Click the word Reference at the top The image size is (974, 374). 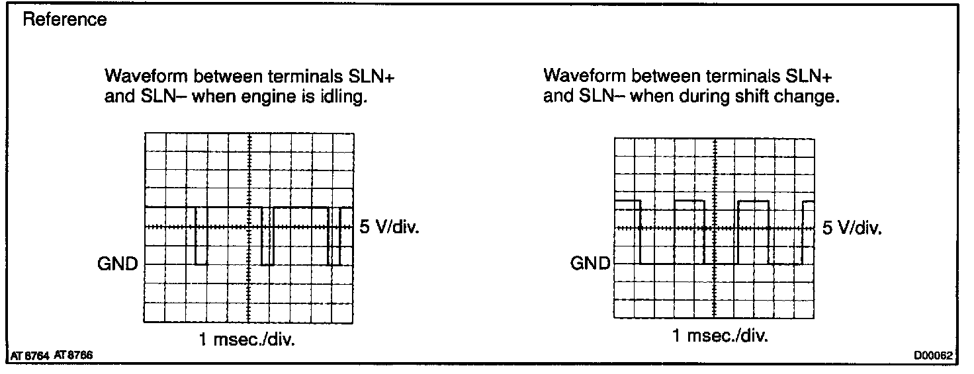click(x=65, y=20)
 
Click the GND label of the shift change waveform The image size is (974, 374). click(x=590, y=264)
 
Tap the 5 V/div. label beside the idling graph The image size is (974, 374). click(x=388, y=227)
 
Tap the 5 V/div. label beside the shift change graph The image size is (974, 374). click(x=852, y=229)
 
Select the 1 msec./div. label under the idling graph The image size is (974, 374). click(x=247, y=340)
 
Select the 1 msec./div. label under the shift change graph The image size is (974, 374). click(x=720, y=336)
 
